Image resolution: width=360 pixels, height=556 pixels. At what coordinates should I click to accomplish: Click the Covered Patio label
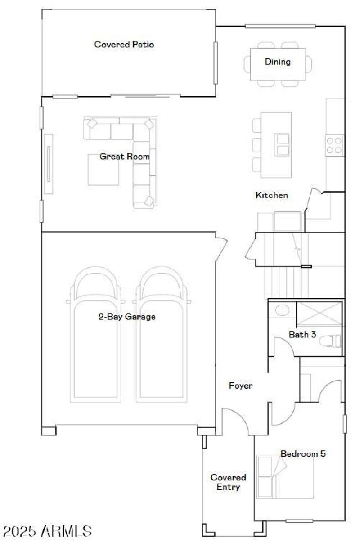click(x=124, y=45)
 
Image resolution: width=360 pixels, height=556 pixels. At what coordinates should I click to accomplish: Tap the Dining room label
click(x=277, y=62)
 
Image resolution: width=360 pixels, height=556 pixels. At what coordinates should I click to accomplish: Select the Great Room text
click(x=125, y=157)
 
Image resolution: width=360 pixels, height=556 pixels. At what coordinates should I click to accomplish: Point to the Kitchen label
click(x=272, y=195)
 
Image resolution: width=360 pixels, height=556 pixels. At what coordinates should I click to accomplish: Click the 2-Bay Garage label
click(x=127, y=317)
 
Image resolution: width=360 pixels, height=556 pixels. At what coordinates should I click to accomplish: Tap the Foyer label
click(x=241, y=386)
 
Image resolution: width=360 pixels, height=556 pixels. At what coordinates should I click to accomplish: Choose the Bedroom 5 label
click(x=303, y=453)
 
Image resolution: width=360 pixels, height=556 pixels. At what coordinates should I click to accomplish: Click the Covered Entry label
click(x=228, y=482)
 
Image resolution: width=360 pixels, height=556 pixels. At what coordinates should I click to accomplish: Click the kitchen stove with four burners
click(x=334, y=145)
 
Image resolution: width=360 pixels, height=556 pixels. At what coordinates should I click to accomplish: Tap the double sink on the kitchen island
click(x=283, y=144)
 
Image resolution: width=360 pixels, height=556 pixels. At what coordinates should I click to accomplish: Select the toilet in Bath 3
click(x=332, y=341)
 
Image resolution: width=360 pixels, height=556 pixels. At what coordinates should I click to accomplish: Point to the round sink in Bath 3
click(x=282, y=310)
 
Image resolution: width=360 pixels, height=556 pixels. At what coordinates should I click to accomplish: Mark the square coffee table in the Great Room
click(x=103, y=170)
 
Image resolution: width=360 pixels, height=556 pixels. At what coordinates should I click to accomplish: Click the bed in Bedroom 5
click(x=285, y=477)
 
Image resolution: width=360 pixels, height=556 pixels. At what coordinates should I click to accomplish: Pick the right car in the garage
click(x=161, y=337)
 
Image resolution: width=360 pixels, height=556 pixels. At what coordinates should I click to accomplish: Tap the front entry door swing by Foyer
click(x=234, y=421)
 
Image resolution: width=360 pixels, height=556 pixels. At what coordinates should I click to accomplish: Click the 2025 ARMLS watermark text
click(x=48, y=531)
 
